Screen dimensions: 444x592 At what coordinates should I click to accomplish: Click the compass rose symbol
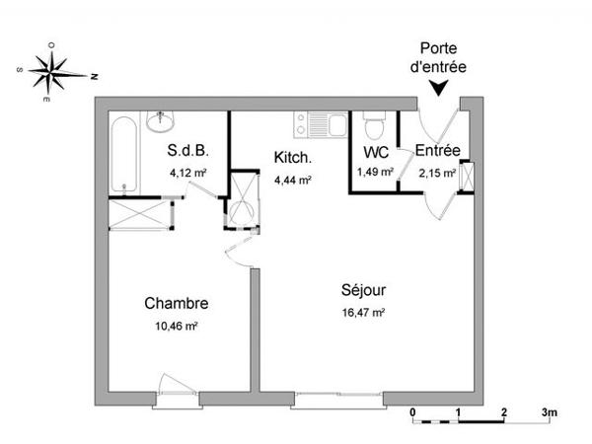coord(57,72)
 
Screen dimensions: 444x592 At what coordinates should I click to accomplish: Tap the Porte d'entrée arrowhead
coord(438,89)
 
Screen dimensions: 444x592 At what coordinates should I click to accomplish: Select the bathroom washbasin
coord(160,120)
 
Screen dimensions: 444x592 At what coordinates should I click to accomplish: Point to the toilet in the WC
coord(373,126)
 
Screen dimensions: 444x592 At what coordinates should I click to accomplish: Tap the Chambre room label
coord(176,303)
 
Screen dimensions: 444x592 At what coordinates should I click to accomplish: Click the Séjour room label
coord(363,291)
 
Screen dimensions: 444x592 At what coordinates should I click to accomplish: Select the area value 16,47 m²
coord(363,313)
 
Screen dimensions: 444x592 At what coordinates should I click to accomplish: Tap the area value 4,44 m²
coord(293,180)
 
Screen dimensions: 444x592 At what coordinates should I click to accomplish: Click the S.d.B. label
coord(186,151)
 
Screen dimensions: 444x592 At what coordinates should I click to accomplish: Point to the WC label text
coord(375,153)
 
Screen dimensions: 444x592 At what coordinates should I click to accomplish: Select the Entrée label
coord(437,151)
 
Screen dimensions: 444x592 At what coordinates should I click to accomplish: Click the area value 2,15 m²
coord(436,173)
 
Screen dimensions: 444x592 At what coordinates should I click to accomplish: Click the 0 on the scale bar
coord(412,410)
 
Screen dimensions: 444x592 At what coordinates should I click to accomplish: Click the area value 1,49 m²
coord(375,172)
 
